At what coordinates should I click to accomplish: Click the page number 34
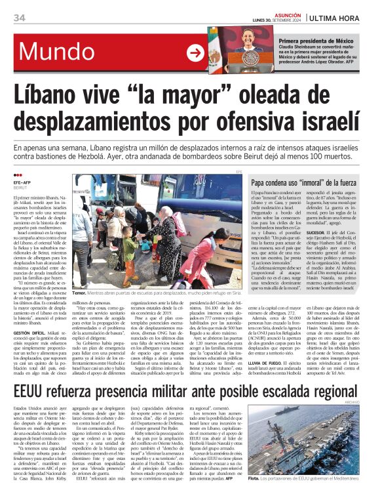coord(19,18)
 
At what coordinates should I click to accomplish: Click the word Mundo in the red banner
coord(58,52)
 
